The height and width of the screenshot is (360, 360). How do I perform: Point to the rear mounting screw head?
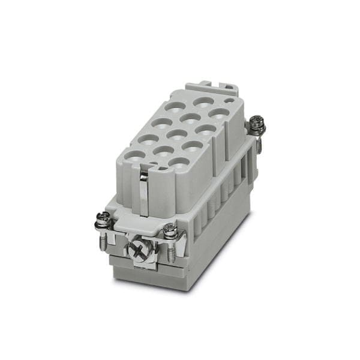[x=257, y=123]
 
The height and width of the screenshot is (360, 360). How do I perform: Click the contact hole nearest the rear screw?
[x=220, y=113]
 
